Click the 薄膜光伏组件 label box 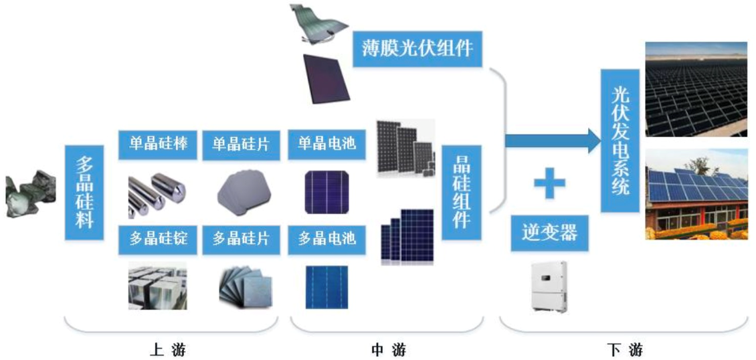[417, 49]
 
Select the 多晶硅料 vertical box [84, 193]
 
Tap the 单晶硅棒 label [158, 145]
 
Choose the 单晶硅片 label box [241, 145]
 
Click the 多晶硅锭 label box [158, 240]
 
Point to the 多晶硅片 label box [241, 240]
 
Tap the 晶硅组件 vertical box [462, 193]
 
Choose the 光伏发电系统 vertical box [620, 141]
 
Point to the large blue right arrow [553, 141]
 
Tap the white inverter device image [549, 287]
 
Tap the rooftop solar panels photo [696, 194]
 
